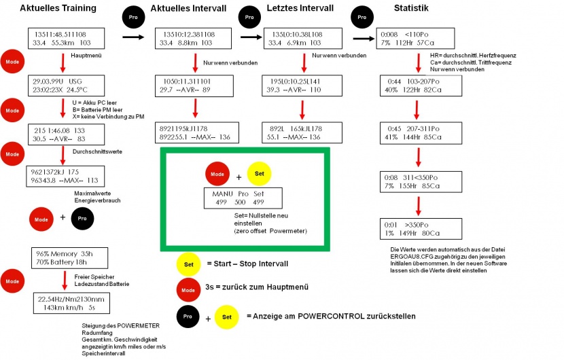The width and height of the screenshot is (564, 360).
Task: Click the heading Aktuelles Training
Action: [x=58, y=8]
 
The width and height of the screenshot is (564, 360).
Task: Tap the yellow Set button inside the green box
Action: [x=260, y=175]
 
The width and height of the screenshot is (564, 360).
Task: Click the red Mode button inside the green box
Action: [x=217, y=175]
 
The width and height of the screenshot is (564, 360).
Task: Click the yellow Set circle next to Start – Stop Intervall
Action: [x=188, y=265]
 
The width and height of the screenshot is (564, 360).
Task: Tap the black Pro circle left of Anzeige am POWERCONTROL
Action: [x=188, y=316]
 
